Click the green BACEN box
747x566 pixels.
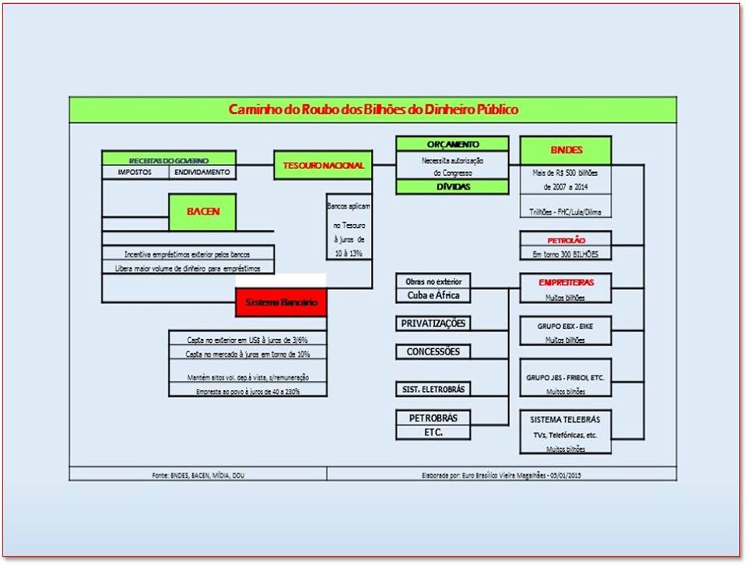(x=202, y=211)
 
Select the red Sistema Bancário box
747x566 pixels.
(x=281, y=302)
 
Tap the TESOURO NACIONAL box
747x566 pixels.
(x=323, y=166)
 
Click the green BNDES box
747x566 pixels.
(x=566, y=150)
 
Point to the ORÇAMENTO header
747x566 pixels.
(x=452, y=144)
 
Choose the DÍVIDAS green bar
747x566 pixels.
(x=452, y=187)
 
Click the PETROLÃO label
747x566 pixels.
(x=566, y=239)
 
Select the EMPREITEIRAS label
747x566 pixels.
(x=566, y=282)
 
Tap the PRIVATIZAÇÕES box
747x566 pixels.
(x=434, y=323)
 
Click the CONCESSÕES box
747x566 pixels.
(x=433, y=351)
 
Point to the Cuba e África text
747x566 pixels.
(x=433, y=295)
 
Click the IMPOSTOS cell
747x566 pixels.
(x=135, y=172)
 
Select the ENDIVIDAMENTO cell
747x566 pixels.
(x=202, y=172)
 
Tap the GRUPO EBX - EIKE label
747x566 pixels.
(x=565, y=327)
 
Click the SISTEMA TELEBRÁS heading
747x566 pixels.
(x=565, y=420)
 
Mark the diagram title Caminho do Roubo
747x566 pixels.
(x=373, y=110)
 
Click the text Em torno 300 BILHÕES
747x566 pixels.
(x=565, y=254)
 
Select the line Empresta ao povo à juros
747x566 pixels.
(x=248, y=392)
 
